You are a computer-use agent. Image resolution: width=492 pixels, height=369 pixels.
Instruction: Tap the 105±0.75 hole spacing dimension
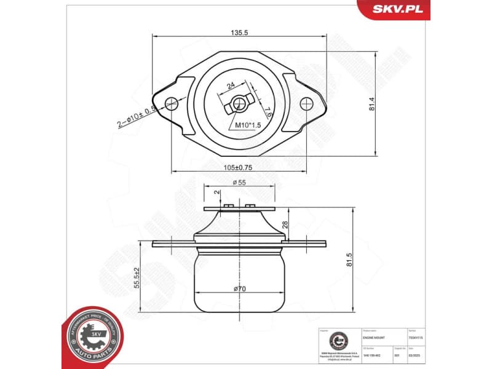(x=237, y=167)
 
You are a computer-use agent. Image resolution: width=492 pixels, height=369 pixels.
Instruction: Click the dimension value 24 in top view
(x=231, y=87)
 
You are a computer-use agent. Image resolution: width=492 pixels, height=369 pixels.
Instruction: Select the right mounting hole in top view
(x=305, y=103)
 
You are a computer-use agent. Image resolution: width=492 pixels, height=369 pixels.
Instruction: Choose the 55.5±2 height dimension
(x=137, y=278)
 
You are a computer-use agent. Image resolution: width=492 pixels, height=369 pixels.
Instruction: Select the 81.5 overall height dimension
(x=349, y=260)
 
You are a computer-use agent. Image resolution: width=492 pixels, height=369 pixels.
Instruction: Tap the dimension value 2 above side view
(x=216, y=193)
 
